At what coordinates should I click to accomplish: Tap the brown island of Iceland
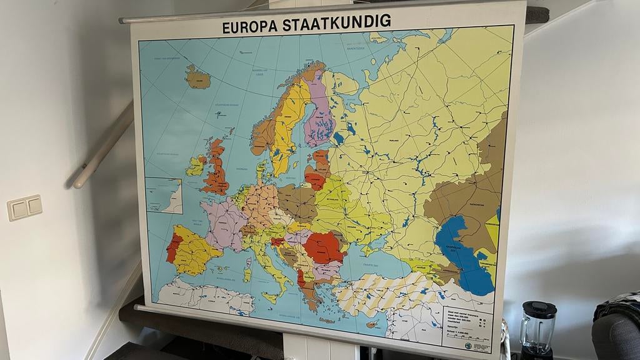tap(198, 77)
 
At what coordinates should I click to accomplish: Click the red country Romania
tap(323, 247)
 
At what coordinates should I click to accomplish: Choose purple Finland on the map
tap(319, 112)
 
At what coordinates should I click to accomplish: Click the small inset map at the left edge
tap(163, 196)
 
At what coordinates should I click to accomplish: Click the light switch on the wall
tap(24, 207)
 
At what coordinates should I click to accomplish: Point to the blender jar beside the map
tap(537, 326)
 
